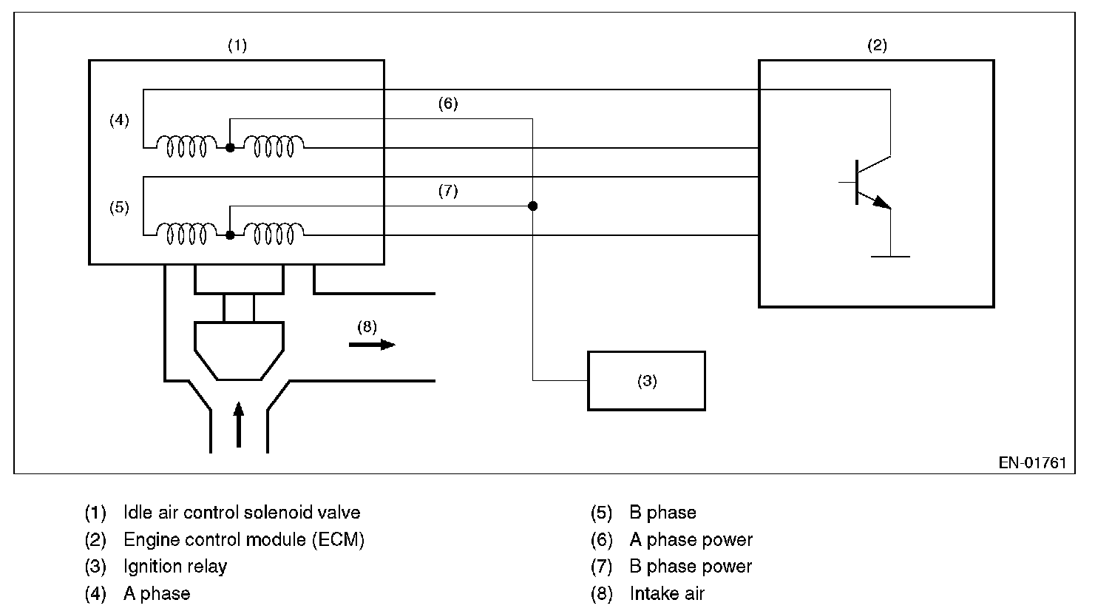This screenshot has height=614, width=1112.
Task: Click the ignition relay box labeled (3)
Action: [x=646, y=380]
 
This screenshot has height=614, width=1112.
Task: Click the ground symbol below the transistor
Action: [x=890, y=256]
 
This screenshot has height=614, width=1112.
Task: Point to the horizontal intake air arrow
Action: [x=372, y=344]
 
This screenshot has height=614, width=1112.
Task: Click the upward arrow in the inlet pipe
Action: [x=238, y=425]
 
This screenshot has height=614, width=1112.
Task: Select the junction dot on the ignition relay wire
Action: [x=532, y=206]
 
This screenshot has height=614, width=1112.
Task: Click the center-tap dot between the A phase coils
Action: [x=230, y=147]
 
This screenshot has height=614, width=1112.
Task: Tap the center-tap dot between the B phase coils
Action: [x=230, y=235]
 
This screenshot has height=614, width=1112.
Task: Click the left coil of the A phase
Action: [x=186, y=146]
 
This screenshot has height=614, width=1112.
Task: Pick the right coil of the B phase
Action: [x=274, y=234]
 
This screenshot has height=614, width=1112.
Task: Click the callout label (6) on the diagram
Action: [x=447, y=104]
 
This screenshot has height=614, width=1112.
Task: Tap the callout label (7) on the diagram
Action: [x=447, y=192]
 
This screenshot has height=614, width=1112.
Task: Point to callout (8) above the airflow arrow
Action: [x=367, y=325]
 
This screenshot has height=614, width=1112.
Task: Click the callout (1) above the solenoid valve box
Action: [x=237, y=45]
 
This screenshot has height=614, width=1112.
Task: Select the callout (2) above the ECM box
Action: [x=876, y=45]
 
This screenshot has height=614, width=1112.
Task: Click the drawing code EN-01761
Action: [x=1033, y=463]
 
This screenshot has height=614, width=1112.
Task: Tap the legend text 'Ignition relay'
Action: [x=175, y=567]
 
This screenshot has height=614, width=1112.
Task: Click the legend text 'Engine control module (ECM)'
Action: [x=244, y=539]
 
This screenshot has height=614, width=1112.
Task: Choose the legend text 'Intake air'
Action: [x=667, y=593]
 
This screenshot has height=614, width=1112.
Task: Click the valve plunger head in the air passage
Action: [x=238, y=348]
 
